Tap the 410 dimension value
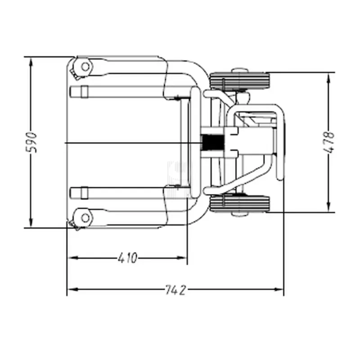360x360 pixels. click(x=127, y=258)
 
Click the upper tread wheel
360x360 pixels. click(x=239, y=81)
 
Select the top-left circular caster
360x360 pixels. click(x=84, y=67)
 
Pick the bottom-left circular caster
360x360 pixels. click(x=84, y=218)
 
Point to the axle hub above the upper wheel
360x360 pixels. click(x=239, y=71)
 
